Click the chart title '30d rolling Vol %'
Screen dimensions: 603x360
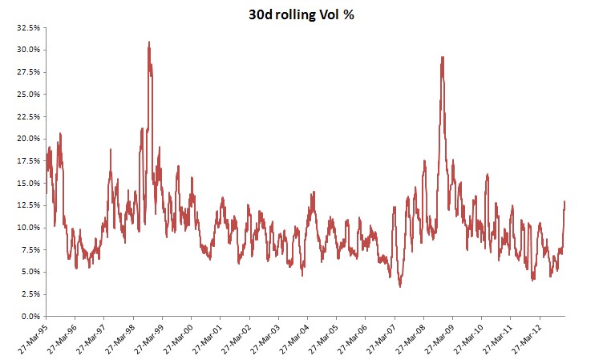click(x=301, y=15)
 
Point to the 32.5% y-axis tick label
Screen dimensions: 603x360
click(x=28, y=28)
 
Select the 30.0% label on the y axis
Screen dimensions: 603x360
click(x=28, y=50)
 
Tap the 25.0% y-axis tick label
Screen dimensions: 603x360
click(x=28, y=95)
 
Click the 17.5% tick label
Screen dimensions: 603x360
click(x=28, y=161)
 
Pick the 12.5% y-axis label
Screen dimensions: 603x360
click(x=28, y=205)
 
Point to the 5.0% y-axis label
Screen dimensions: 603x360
click(x=30, y=272)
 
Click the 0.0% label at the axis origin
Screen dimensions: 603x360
click(x=30, y=317)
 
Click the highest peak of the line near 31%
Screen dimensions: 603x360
click(x=149, y=42)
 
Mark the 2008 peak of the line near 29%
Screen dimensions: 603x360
click(x=443, y=57)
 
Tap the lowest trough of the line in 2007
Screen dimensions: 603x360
click(x=400, y=286)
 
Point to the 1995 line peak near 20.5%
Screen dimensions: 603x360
click(x=60, y=133)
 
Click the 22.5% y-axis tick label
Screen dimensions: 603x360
click(x=28, y=116)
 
